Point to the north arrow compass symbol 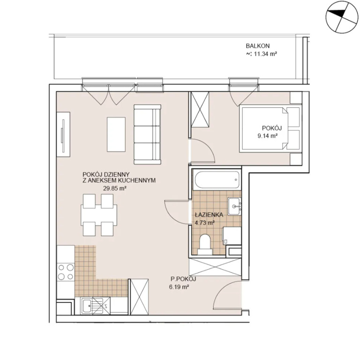342,17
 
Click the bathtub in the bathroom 217,180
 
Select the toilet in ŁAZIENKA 205,245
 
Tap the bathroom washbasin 234,206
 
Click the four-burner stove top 66,272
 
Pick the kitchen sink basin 87,306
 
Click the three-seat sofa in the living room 147,135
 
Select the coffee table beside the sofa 116,135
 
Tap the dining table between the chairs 99,215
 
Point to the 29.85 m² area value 115,188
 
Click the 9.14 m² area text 268,135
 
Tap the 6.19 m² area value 179,287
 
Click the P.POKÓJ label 183,279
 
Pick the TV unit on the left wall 63,135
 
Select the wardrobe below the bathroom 215,267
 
